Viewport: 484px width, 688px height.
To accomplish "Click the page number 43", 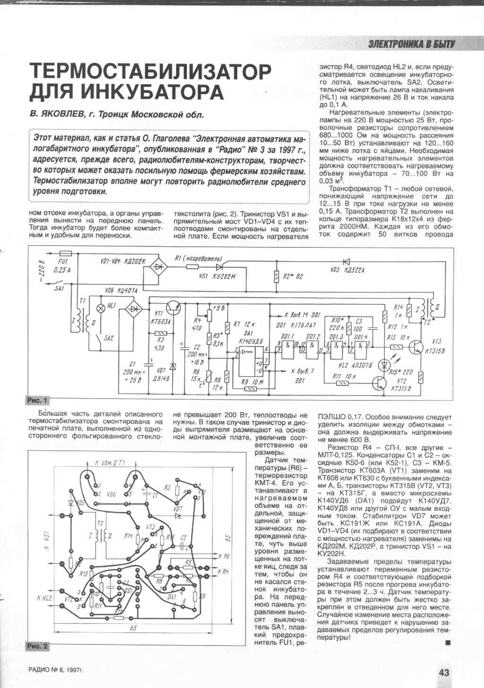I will [x=443, y=672].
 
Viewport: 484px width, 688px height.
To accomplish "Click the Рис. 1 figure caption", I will [x=38, y=401].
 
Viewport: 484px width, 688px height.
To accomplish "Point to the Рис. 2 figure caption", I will [x=38, y=646].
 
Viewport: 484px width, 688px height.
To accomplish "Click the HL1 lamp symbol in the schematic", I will [x=100, y=307].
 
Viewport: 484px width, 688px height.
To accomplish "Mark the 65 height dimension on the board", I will [x=227, y=539].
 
